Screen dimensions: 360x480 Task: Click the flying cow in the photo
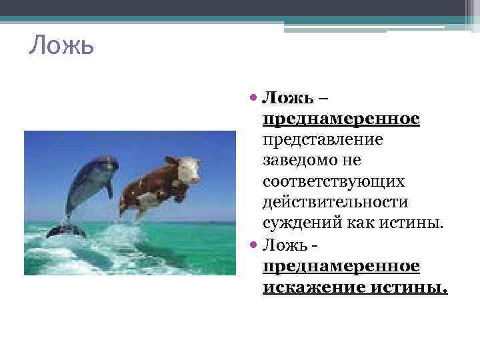pos(160,183)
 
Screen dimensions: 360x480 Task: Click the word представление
pos(323,140)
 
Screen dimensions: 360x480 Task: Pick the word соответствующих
pos(333,181)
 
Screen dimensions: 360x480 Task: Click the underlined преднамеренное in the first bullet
pos(341,119)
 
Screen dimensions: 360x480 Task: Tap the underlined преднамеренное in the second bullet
pos(341,266)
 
